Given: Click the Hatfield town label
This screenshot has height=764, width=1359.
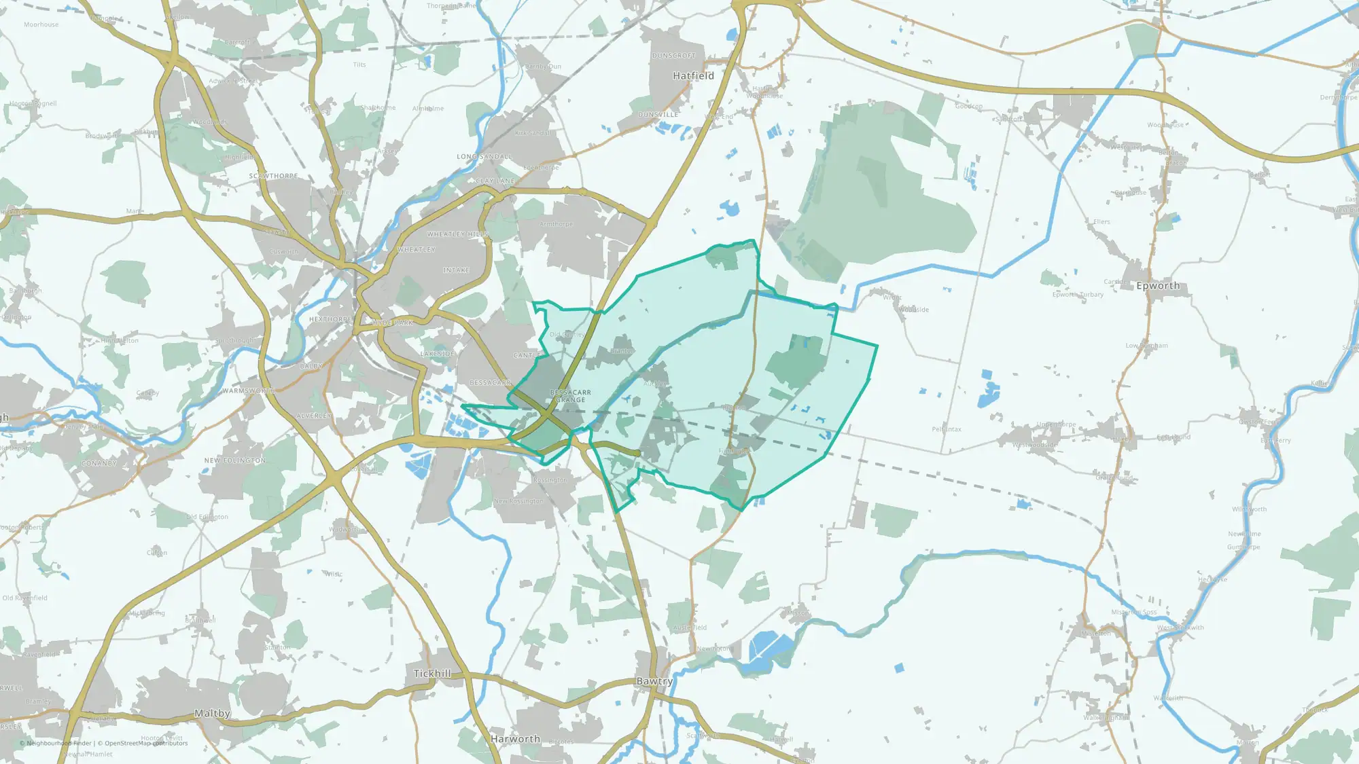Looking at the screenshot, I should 693,76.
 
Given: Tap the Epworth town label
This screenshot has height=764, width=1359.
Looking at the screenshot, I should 1158,286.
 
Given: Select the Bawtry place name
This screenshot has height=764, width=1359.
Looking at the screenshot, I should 654,681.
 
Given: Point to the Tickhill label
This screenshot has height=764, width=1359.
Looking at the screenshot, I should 432,674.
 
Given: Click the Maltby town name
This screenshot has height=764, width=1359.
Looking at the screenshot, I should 212,714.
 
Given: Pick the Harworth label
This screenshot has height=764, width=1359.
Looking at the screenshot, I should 515,739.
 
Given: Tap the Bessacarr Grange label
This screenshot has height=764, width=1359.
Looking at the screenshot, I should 570,396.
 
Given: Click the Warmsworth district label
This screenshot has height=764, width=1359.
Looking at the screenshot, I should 249,391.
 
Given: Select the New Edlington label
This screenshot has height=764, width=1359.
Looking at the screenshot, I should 235,460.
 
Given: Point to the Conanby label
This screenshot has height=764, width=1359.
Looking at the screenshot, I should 99,464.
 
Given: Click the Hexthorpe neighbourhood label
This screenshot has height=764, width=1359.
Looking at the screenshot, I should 330,319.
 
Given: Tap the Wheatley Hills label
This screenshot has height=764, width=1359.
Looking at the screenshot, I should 457,234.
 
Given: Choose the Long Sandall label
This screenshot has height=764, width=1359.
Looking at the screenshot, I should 484,157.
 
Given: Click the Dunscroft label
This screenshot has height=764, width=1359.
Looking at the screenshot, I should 673,56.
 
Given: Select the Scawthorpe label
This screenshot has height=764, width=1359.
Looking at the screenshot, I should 273,176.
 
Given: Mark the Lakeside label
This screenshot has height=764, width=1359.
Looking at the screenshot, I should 438,354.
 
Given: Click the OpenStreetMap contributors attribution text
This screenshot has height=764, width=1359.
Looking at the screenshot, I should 146,743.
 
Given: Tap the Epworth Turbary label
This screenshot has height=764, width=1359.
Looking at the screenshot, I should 1078,295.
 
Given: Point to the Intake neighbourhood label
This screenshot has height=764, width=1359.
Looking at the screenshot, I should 456,270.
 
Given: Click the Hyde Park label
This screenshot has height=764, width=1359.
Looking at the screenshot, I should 393,323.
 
